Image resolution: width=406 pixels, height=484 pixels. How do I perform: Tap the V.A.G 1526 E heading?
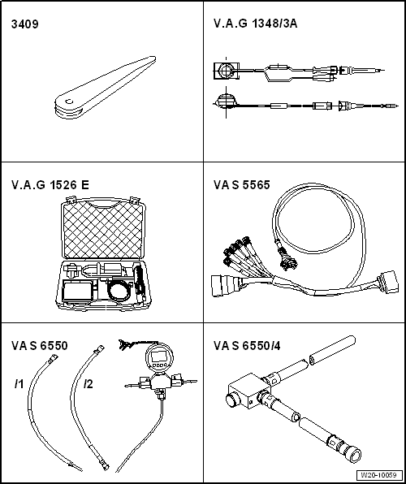click(x=50, y=184)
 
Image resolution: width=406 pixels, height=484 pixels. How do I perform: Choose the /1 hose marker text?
click(x=18, y=382)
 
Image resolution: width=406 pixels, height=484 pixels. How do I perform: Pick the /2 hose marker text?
click(x=89, y=382)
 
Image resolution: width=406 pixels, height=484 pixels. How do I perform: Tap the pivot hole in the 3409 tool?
click(x=71, y=102)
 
